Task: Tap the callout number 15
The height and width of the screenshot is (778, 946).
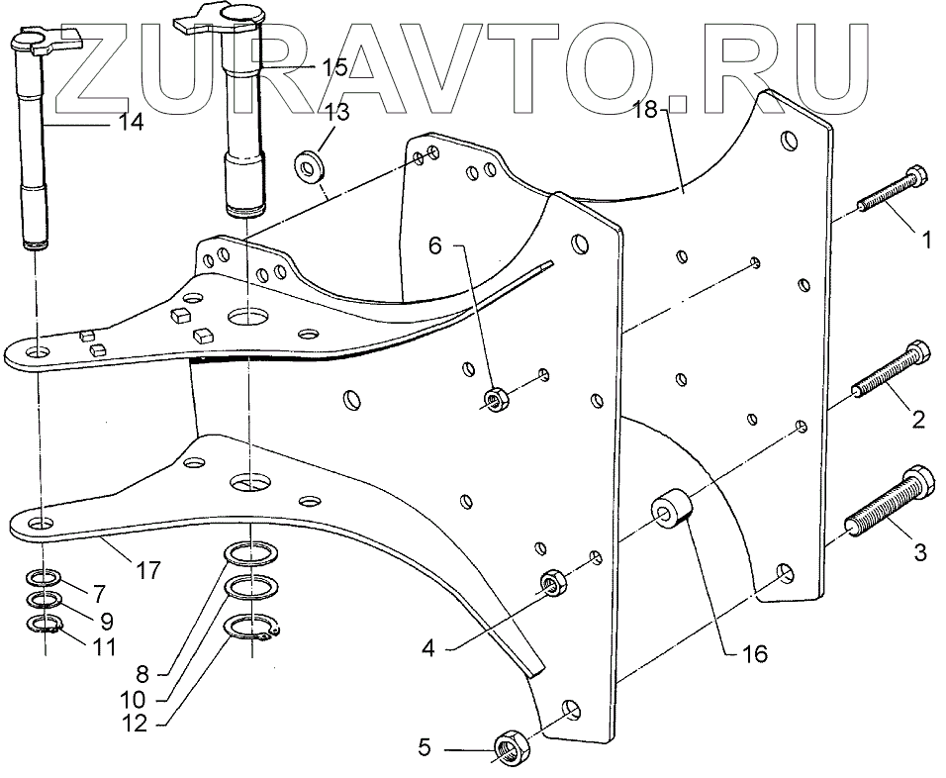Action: (335, 67)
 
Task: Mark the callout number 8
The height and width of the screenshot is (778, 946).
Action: (142, 675)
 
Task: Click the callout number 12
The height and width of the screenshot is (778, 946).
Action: (134, 724)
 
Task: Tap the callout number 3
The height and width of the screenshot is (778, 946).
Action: (919, 552)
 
